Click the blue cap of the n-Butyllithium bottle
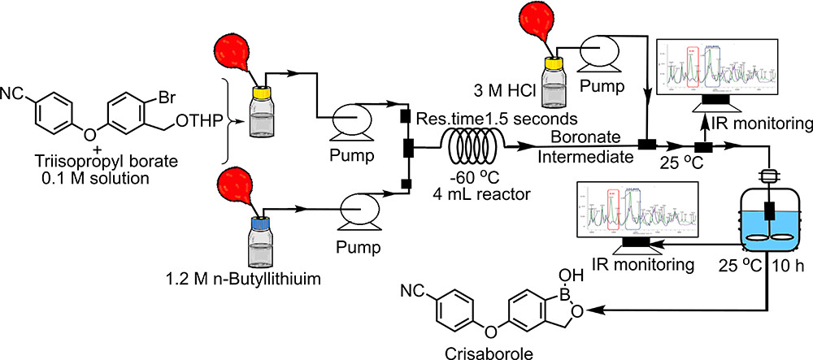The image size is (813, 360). click(259, 221)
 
